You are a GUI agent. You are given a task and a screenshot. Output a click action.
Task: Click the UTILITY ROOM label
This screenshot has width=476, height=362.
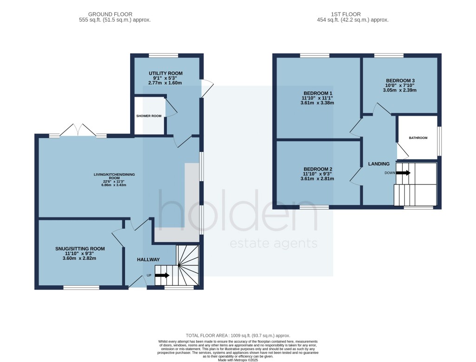165,73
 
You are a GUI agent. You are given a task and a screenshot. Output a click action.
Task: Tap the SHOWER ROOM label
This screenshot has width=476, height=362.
149,116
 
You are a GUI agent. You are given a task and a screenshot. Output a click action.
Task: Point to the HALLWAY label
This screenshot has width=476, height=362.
148,260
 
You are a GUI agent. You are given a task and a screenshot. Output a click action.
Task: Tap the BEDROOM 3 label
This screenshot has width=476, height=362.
399,80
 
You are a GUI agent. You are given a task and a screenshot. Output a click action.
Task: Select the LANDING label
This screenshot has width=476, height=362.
379,164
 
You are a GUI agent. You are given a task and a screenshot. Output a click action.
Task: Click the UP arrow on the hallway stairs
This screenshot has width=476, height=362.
162,275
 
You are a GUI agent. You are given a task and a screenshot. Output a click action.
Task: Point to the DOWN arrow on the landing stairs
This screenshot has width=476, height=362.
403,173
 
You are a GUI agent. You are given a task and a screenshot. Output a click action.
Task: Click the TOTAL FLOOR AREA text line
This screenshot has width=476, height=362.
238,336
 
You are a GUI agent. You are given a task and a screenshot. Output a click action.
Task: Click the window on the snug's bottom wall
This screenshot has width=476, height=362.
81,288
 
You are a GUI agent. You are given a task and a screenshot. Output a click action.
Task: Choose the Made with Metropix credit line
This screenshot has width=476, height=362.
238,360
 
